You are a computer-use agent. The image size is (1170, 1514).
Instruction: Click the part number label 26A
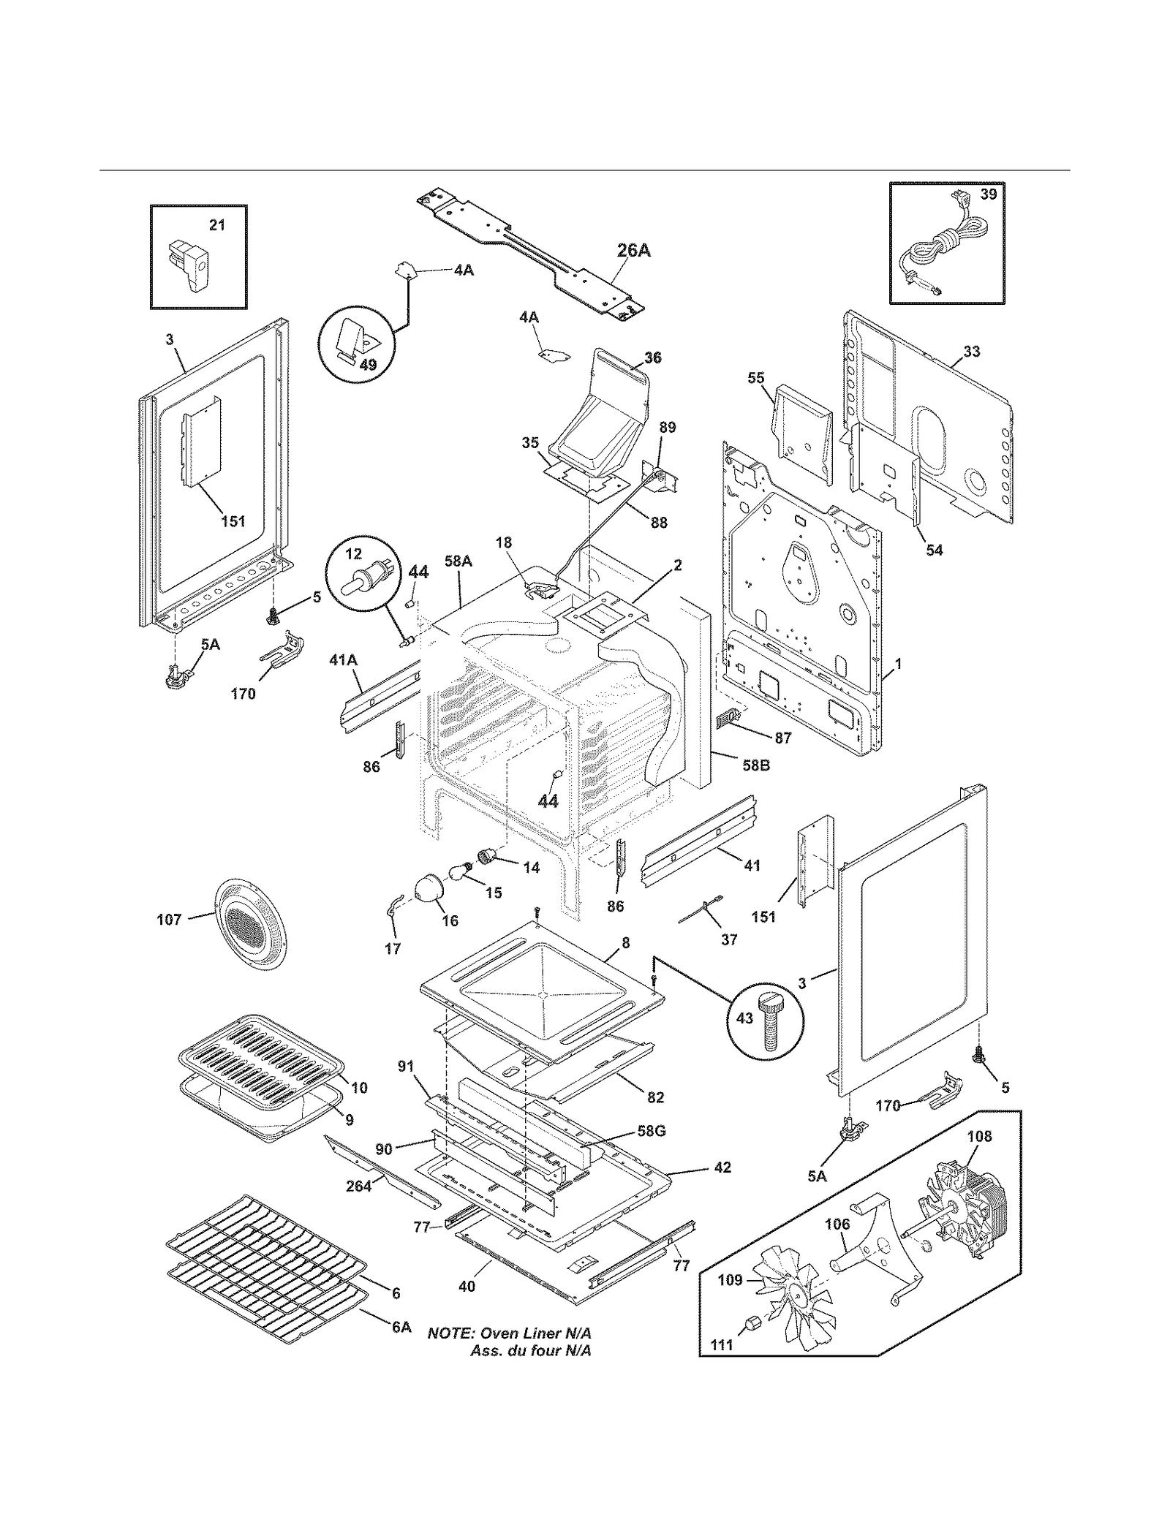click(633, 251)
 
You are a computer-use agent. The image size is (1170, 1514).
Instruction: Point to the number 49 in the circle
click(368, 364)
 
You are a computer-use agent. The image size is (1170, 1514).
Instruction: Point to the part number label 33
click(971, 352)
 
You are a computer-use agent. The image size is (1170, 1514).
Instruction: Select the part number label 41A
click(343, 660)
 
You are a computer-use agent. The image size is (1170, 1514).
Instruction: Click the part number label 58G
click(651, 1130)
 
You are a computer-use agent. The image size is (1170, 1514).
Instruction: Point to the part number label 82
click(655, 1097)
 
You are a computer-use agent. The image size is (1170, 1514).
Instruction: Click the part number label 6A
click(401, 1327)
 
